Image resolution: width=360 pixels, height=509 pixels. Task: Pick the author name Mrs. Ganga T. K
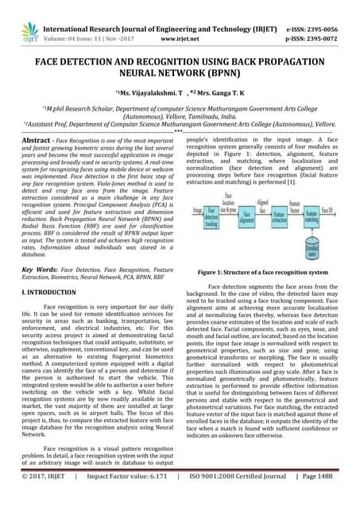point(212,95)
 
